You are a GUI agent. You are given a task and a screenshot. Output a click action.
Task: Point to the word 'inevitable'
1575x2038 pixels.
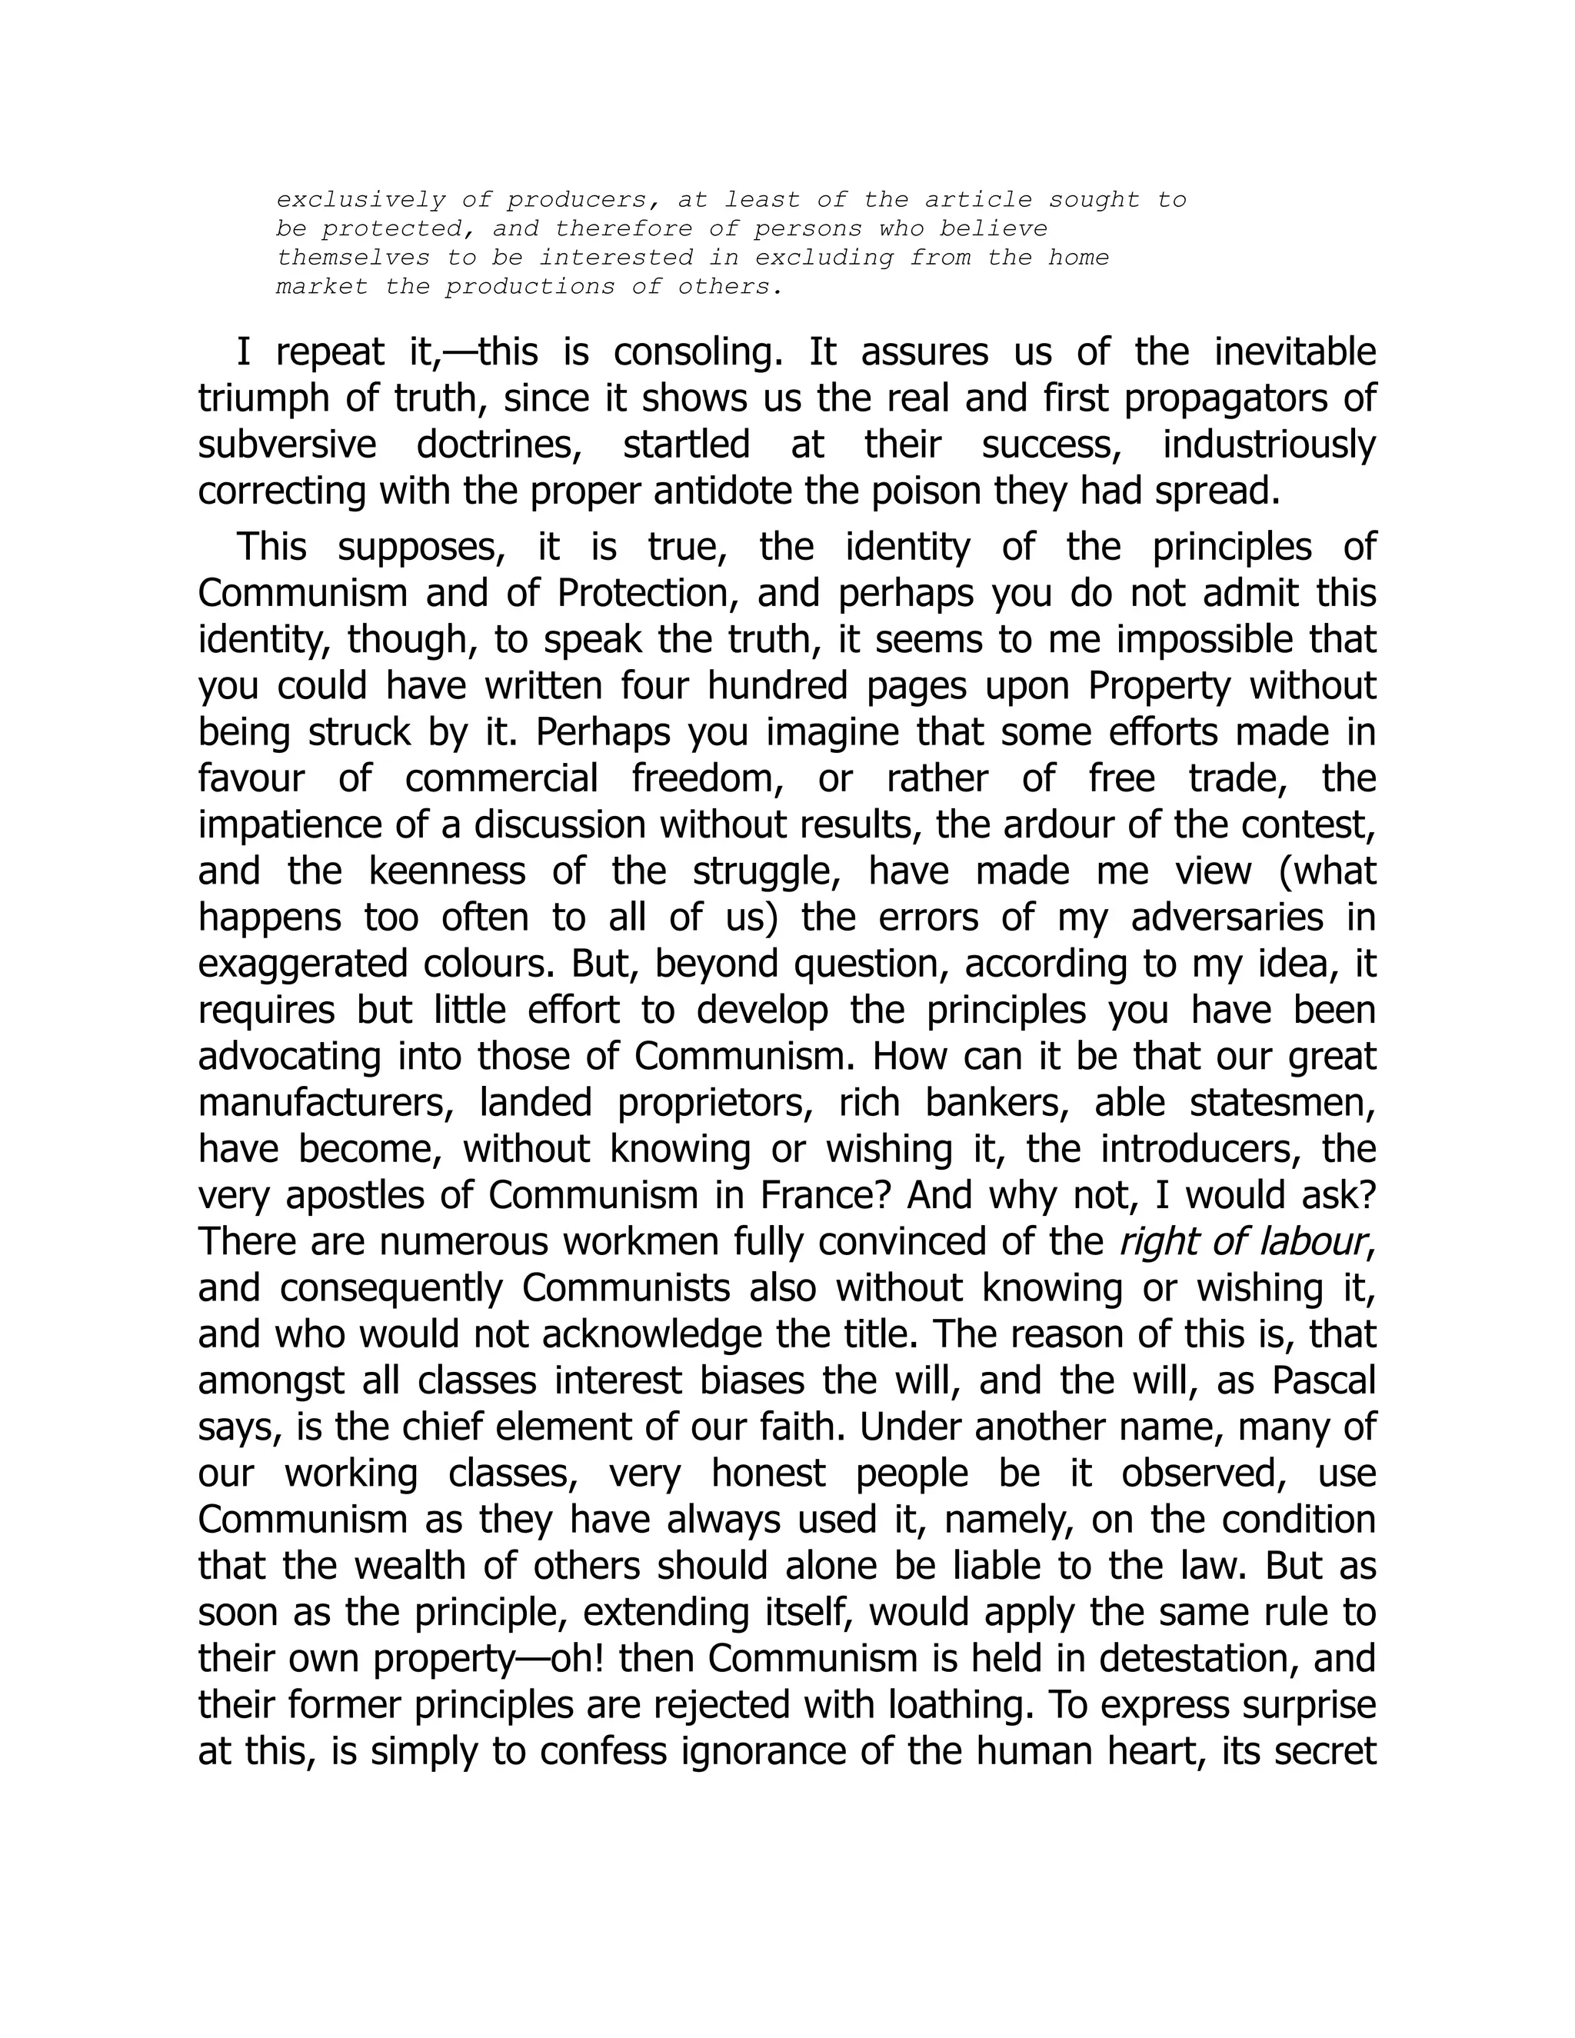(x=1294, y=353)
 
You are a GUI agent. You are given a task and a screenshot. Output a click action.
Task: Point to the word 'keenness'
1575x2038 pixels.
(x=447, y=871)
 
